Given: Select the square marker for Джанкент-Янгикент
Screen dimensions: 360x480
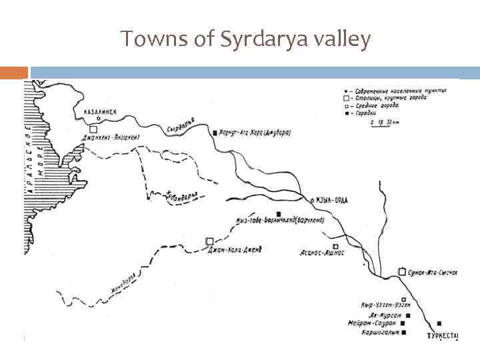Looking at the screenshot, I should tap(93, 129).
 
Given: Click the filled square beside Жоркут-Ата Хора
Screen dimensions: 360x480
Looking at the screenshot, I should tap(214, 133).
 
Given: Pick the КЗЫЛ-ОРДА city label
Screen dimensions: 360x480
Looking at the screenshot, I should tap(331, 201).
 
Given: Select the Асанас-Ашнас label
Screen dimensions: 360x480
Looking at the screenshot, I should tap(322, 254).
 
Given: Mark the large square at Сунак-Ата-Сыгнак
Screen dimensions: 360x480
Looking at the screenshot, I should tap(402, 271).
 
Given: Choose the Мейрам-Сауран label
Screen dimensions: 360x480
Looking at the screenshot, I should tap(371, 323).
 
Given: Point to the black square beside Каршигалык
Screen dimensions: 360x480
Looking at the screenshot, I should tap(403, 332).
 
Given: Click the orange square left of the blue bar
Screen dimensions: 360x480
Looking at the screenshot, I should tap(14, 73).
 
